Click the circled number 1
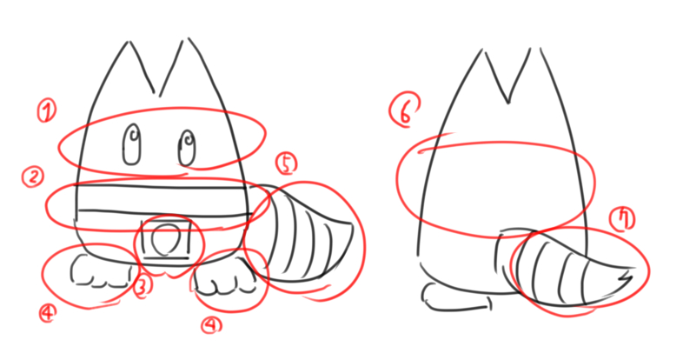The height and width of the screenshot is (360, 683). (47, 110)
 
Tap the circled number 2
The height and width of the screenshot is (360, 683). (33, 177)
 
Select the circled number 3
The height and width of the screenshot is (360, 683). (143, 288)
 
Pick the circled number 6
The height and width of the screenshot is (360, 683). (405, 110)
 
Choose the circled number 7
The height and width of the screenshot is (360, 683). (622, 218)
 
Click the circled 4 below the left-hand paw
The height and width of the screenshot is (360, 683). (48, 313)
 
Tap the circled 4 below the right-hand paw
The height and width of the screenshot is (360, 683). (211, 324)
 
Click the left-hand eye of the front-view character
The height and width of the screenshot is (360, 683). (132, 145)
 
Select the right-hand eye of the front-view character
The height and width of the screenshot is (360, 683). (187, 148)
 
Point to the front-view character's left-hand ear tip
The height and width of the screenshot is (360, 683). (128, 43)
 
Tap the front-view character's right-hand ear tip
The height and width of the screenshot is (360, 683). (189, 39)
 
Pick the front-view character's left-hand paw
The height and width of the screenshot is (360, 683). (101, 271)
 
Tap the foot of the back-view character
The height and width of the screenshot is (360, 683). (456, 297)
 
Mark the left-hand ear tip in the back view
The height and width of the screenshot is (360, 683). (482, 50)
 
